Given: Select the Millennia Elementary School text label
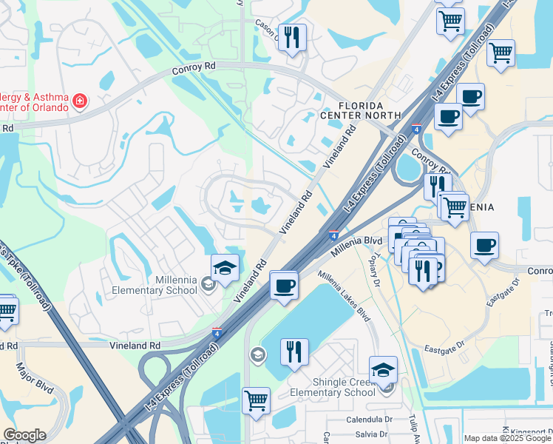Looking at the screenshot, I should [155, 285].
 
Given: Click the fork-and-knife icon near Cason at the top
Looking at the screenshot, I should [292, 37].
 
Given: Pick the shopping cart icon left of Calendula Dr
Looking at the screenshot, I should [256, 401].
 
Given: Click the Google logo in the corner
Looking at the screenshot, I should [24, 435].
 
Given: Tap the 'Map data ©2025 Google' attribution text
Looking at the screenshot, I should [508, 438].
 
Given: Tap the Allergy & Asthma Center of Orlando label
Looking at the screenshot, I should [34, 101].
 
